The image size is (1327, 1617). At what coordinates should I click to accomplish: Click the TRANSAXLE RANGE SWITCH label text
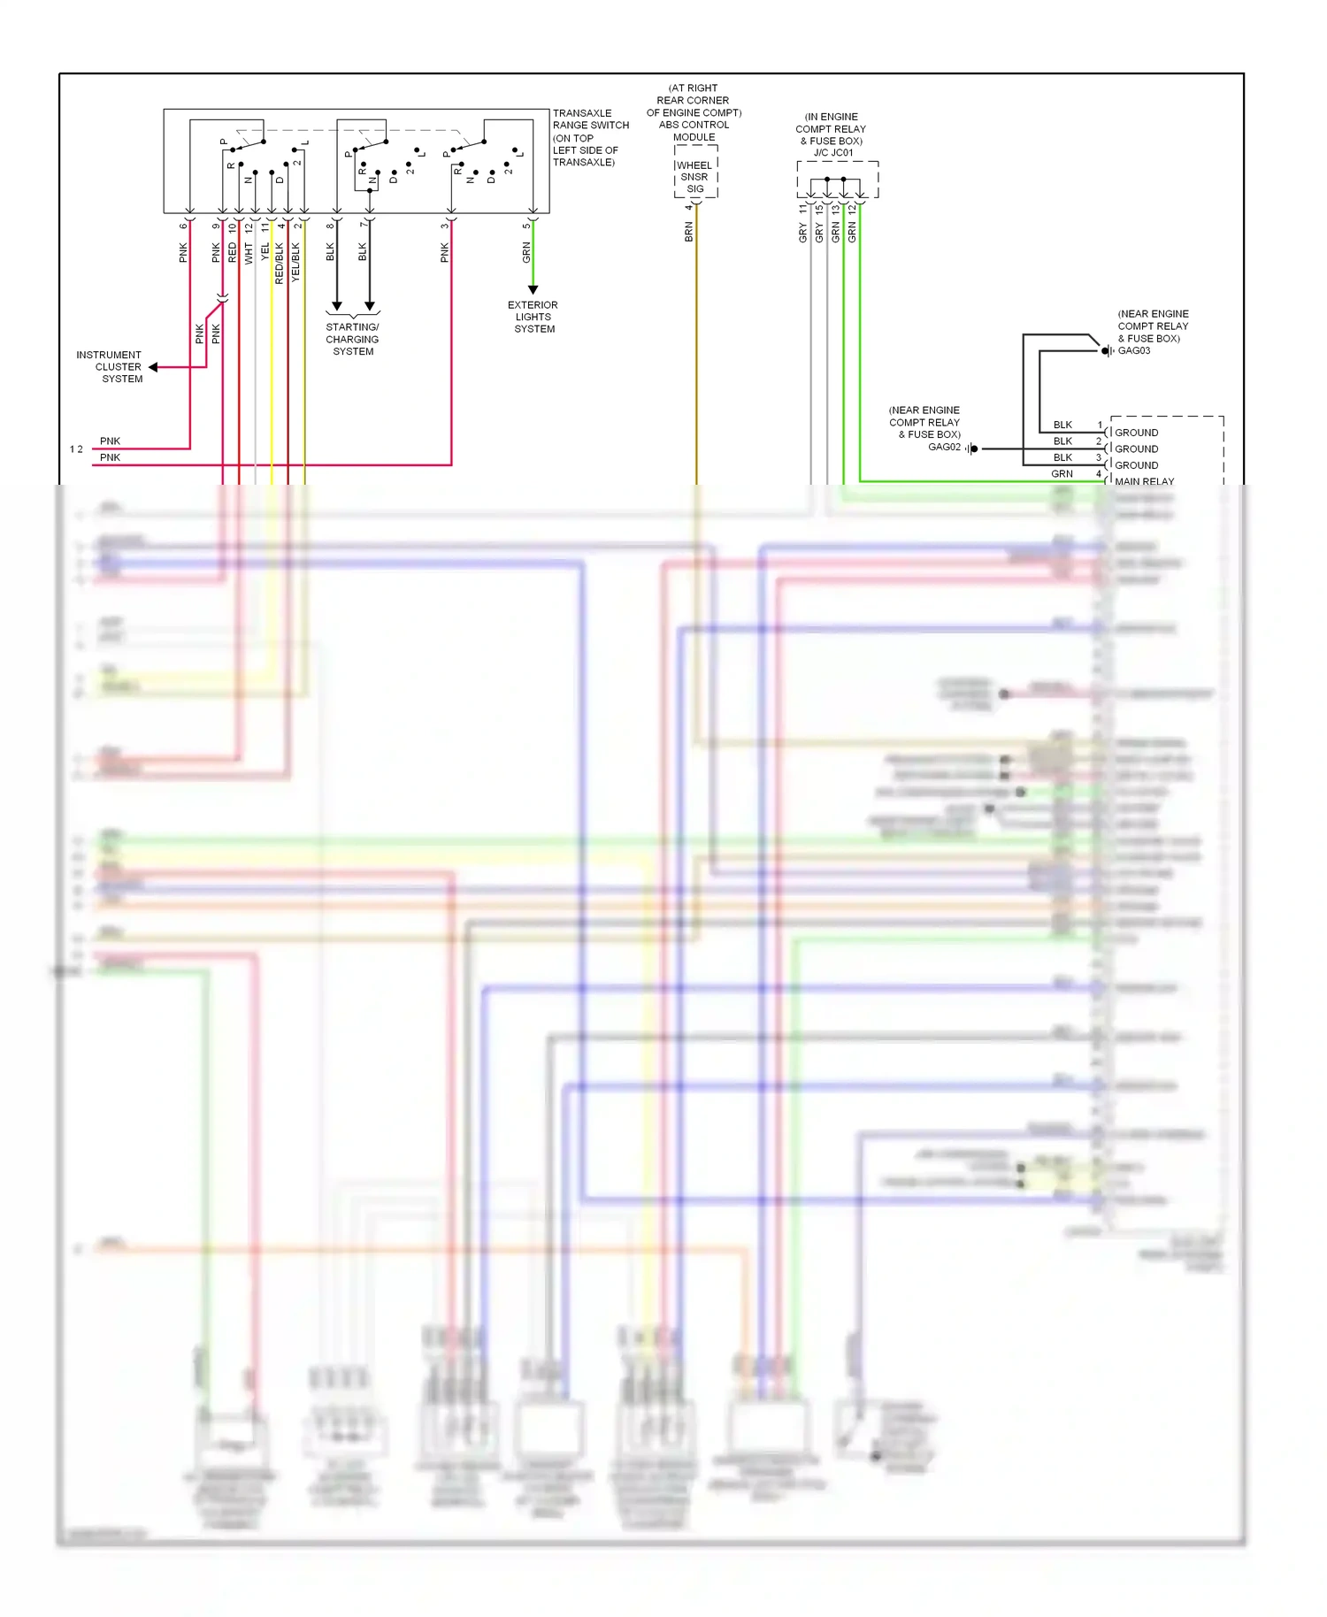click(590, 119)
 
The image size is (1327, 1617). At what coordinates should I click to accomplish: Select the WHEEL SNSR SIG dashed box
click(695, 177)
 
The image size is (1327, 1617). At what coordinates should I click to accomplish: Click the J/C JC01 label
click(833, 153)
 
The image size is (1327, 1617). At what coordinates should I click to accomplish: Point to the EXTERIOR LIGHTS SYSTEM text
click(533, 317)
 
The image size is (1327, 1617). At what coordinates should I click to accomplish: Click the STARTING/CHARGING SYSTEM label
click(352, 339)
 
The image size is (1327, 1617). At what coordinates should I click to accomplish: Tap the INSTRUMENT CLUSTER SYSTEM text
click(109, 366)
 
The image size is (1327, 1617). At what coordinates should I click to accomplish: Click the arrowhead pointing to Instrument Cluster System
click(153, 367)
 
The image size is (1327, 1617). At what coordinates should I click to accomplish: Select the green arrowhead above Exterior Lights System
click(533, 289)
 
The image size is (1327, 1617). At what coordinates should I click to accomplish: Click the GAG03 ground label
click(1134, 351)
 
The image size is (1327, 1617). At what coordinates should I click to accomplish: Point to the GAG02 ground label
click(944, 448)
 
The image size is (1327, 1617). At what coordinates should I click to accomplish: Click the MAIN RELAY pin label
click(1144, 481)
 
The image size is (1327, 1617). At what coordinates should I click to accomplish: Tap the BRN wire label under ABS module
click(688, 233)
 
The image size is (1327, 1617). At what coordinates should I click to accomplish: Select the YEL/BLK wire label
click(295, 262)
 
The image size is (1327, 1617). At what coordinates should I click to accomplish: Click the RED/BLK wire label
click(280, 263)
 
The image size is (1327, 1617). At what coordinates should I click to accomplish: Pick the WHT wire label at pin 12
click(249, 253)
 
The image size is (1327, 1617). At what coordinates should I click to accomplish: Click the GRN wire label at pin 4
click(1062, 474)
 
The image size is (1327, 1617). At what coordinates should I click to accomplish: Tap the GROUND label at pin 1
click(1136, 433)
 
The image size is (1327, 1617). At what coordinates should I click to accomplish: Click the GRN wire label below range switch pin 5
click(526, 252)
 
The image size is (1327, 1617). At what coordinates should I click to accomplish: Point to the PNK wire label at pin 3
click(445, 253)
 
